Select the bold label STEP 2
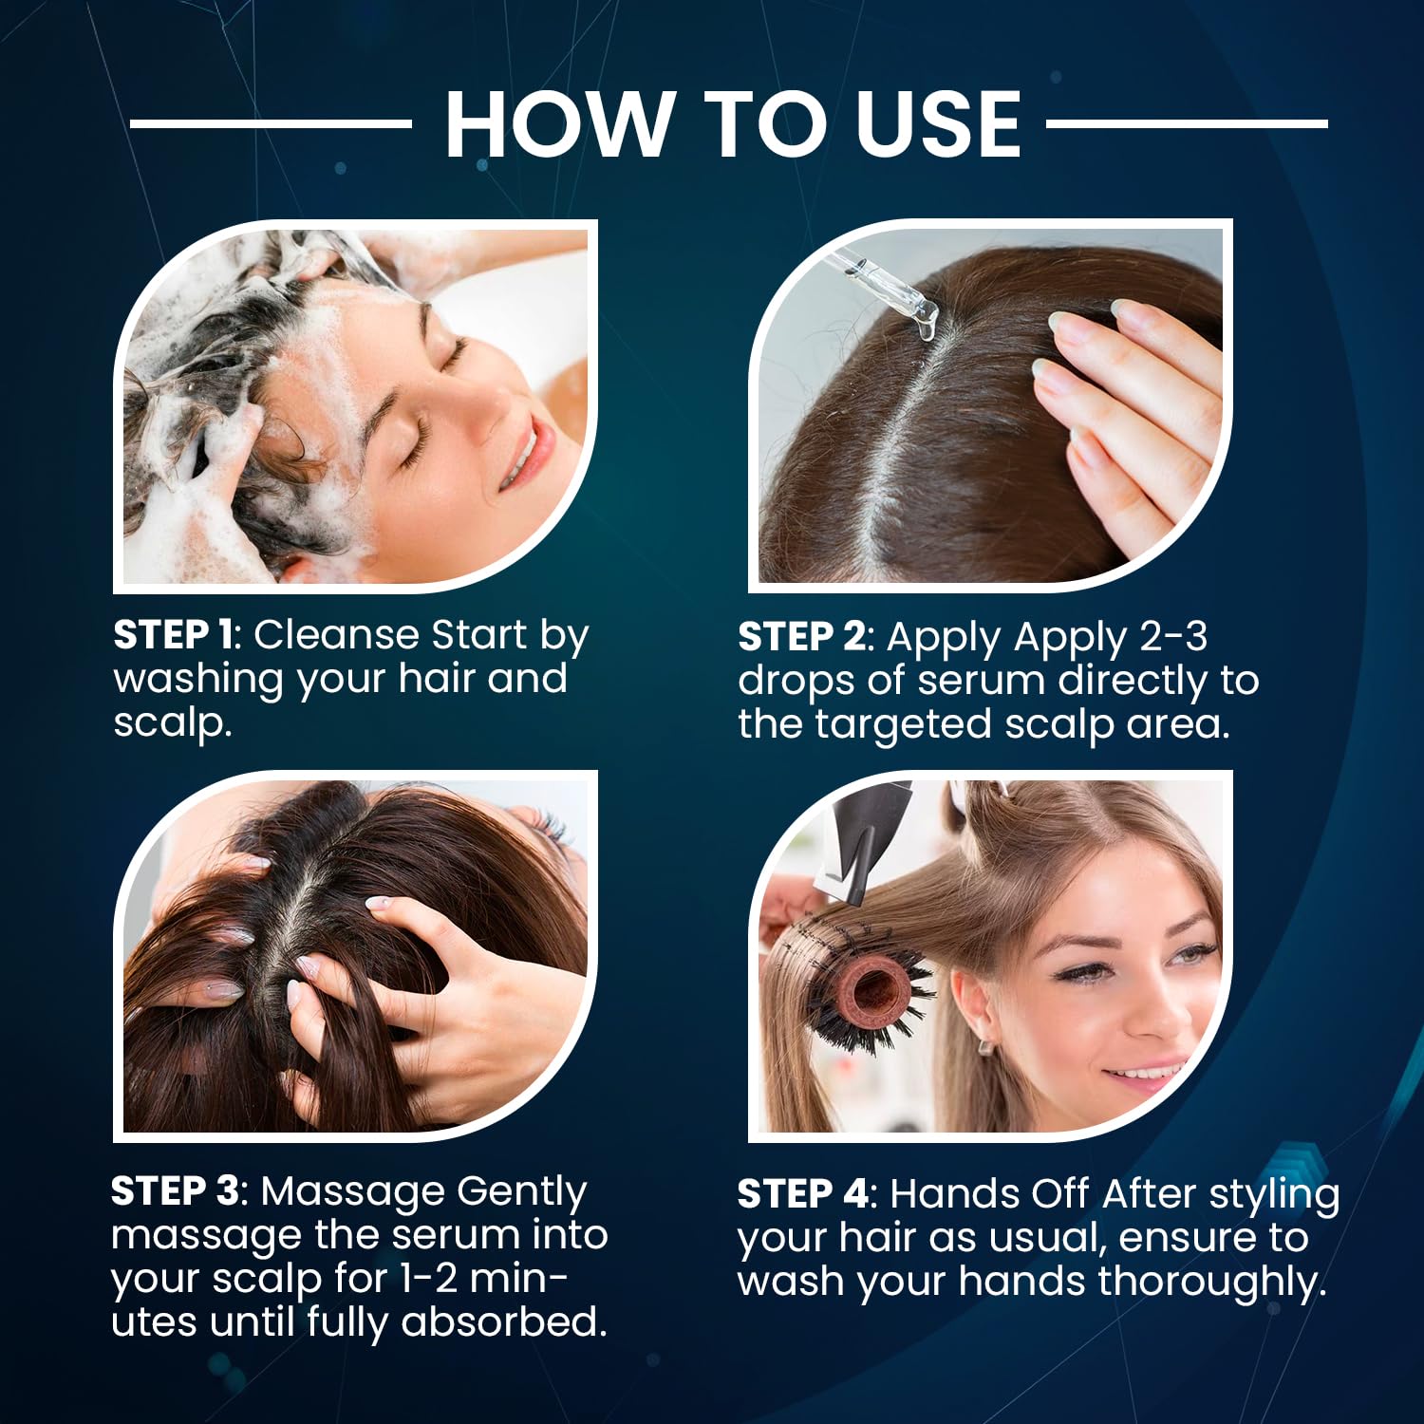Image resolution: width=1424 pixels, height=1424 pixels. point(801,637)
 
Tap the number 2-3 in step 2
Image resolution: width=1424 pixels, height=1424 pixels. point(1172,637)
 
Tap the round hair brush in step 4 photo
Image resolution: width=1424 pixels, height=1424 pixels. point(864,987)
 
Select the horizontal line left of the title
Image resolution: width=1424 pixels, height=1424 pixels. point(270,123)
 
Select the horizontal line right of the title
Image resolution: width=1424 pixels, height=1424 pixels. point(1187,123)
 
